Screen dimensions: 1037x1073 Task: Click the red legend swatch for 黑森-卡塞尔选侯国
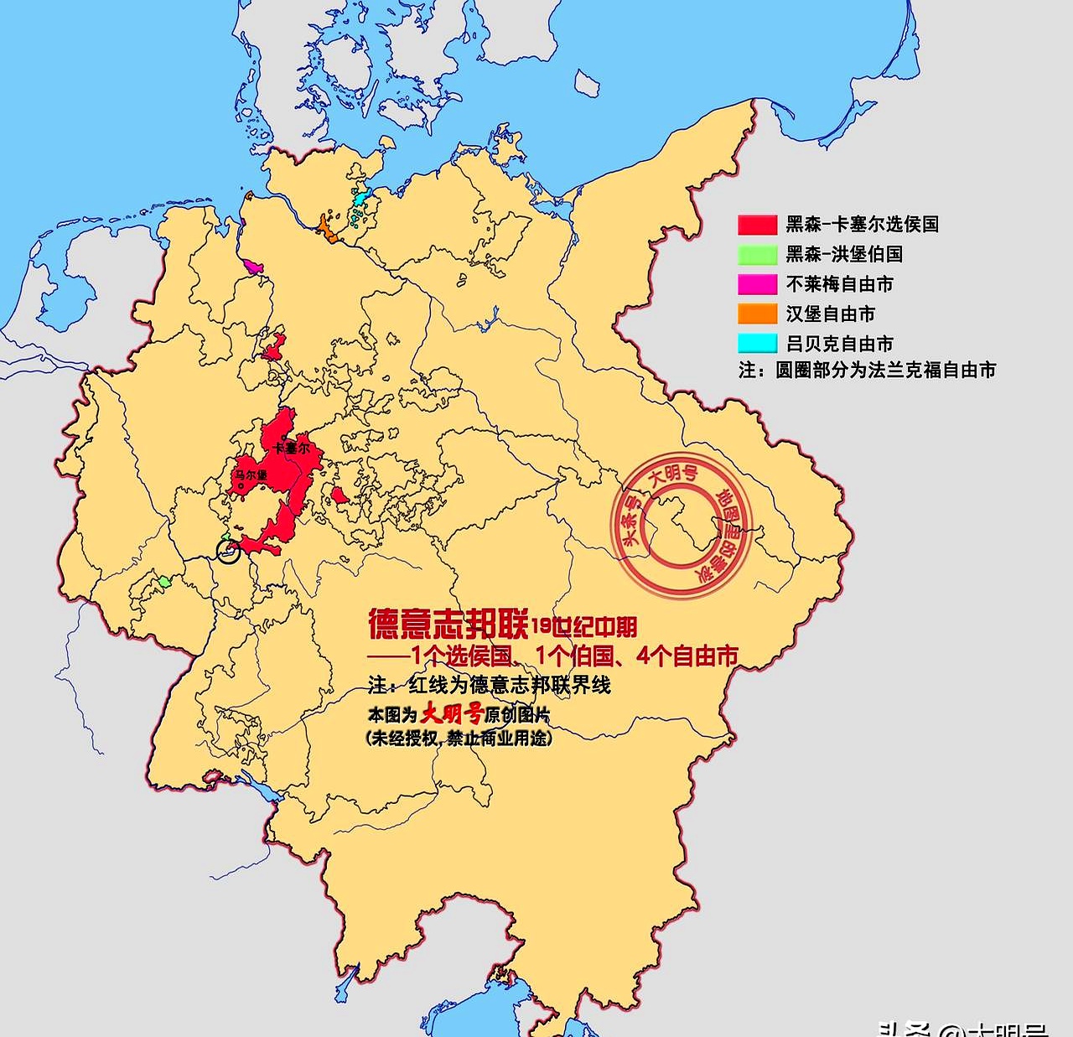pyautogui.click(x=757, y=225)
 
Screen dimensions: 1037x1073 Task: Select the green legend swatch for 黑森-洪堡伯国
pyautogui.click(x=757, y=254)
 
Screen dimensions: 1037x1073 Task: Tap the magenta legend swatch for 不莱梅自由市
pyautogui.click(x=757, y=284)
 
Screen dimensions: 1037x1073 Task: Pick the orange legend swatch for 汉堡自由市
pyautogui.click(x=757, y=314)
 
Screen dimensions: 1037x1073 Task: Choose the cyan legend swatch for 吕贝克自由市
pyautogui.click(x=757, y=343)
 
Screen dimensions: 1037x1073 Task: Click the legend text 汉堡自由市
pyautogui.click(x=830, y=314)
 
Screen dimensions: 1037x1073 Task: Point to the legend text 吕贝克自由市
pyautogui.click(x=839, y=343)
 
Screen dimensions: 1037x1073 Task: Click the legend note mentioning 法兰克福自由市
pyautogui.click(x=867, y=370)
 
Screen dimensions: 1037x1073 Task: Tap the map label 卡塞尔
pyautogui.click(x=291, y=449)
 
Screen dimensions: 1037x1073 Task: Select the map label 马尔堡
pyautogui.click(x=251, y=475)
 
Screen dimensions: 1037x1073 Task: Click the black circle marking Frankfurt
pyautogui.click(x=228, y=551)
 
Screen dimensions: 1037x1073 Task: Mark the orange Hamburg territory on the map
pyautogui.click(x=326, y=230)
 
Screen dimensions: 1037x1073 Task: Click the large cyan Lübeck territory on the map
pyautogui.click(x=360, y=200)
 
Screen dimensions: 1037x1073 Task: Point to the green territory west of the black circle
pyautogui.click(x=164, y=580)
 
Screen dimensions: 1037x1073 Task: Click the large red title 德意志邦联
pyautogui.click(x=448, y=624)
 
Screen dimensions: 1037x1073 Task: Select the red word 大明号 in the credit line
pyautogui.click(x=451, y=714)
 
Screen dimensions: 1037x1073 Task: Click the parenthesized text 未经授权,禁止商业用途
pyautogui.click(x=459, y=739)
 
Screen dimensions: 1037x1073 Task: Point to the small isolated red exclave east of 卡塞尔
pyautogui.click(x=339, y=496)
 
